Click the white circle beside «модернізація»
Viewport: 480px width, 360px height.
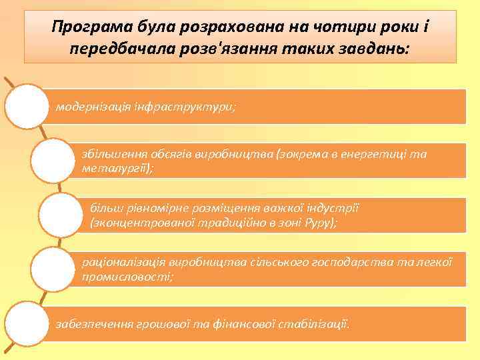(x=27, y=105)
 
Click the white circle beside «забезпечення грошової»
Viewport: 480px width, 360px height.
(x=27, y=323)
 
